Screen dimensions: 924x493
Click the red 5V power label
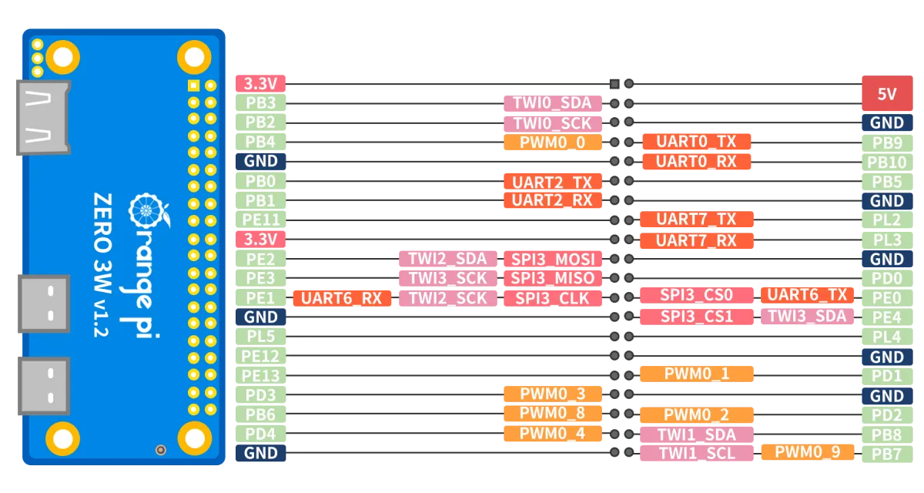point(887,93)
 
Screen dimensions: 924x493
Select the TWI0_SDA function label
point(552,103)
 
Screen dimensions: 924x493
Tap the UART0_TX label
point(696,142)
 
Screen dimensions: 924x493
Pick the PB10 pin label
point(887,163)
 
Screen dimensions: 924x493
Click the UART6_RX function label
point(342,298)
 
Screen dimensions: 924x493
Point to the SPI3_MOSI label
point(552,259)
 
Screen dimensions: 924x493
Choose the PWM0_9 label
point(807,452)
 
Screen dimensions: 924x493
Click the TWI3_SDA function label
point(807,317)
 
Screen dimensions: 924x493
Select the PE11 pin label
point(260,220)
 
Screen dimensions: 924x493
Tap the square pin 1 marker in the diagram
point(614,84)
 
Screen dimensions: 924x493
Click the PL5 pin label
point(260,337)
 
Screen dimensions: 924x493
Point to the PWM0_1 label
point(696,374)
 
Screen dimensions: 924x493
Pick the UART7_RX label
point(696,240)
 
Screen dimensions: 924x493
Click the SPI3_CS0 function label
point(696,295)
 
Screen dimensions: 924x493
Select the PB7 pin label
point(887,454)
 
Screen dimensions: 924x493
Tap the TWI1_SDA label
point(696,434)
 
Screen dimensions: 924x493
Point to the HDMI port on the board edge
point(43,118)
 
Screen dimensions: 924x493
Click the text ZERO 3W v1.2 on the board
point(102,264)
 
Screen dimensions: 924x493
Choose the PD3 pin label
point(260,395)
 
